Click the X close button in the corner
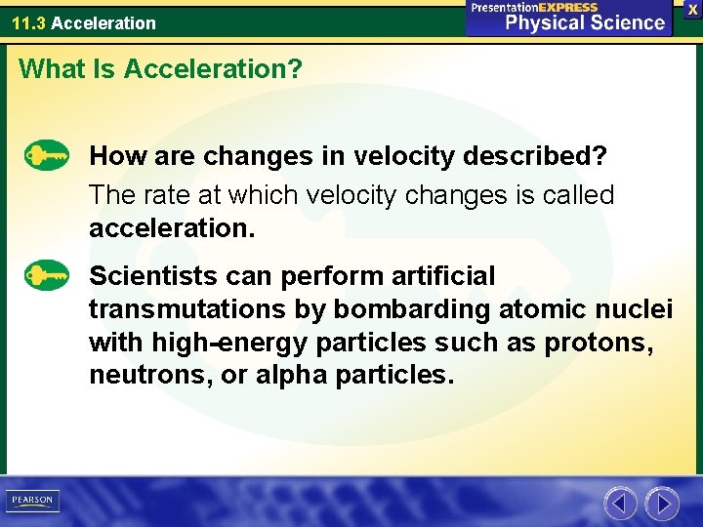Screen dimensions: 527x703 tap(692, 8)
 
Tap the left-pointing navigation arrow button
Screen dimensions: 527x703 tap(620, 504)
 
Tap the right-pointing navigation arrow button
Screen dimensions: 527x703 tap(662, 504)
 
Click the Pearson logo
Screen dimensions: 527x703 tap(32, 501)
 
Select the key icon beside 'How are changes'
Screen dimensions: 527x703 tap(46, 155)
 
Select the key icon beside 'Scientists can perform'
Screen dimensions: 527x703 tap(46, 275)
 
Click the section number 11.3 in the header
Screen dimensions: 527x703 tap(28, 22)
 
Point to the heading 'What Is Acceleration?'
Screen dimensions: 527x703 tap(161, 68)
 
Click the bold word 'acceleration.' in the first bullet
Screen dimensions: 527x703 tap(172, 229)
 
